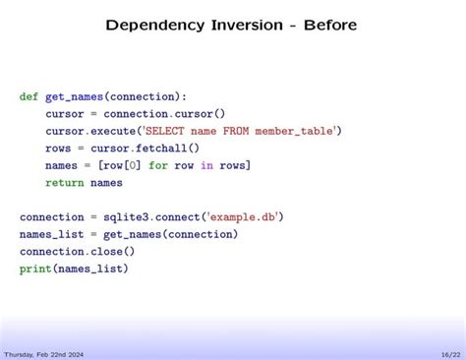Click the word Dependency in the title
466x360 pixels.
pos(148,24)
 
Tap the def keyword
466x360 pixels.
pos(29,96)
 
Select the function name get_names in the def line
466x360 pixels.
pos(74,96)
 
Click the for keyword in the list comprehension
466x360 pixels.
pos(157,165)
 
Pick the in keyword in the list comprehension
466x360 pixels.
pos(206,165)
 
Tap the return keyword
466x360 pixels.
pos(64,182)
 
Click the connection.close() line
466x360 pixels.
pos(77,251)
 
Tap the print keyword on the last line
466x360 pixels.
pos(34,268)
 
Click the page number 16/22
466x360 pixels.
pos(450,353)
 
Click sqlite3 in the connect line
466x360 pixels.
pos(122,216)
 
